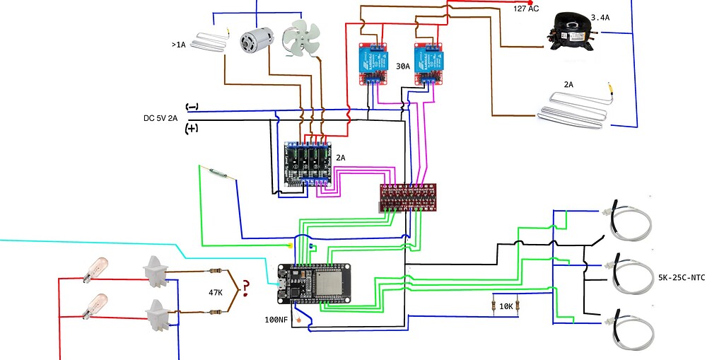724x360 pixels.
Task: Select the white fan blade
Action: pos(300,38)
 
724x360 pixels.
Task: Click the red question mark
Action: pos(245,287)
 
